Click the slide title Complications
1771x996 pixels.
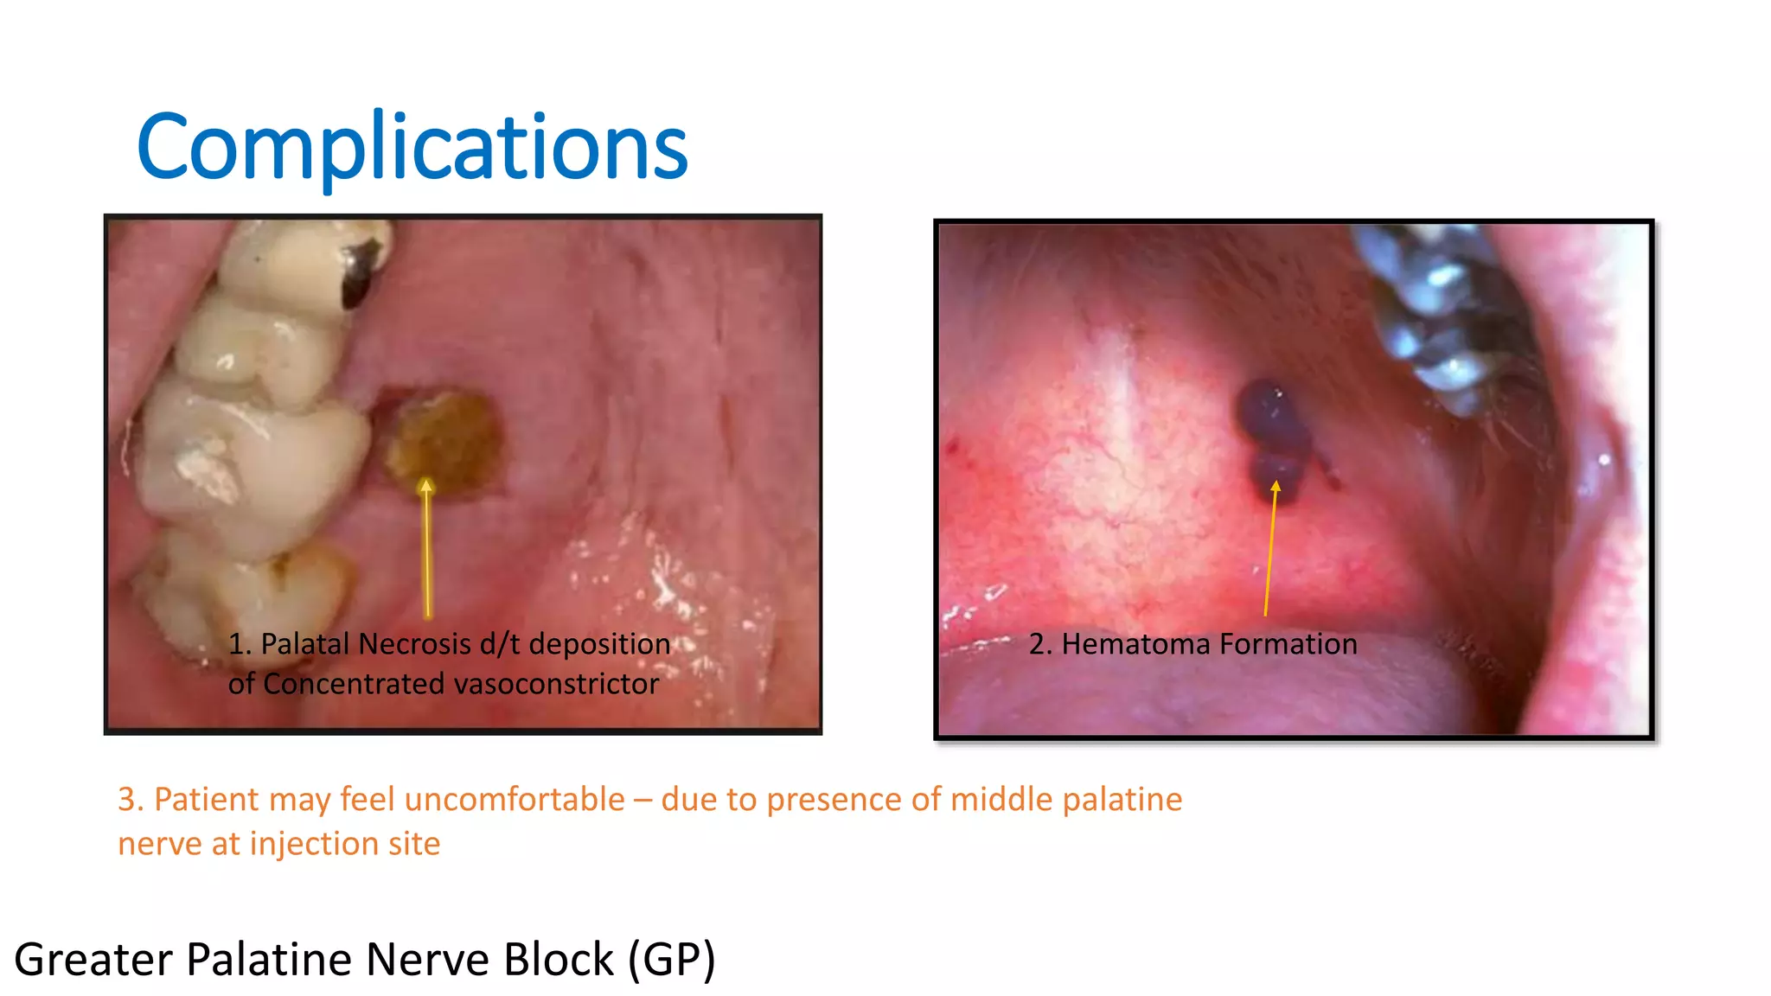click(412, 147)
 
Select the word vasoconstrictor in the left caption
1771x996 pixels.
click(556, 684)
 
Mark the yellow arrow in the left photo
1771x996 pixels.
click(426, 549)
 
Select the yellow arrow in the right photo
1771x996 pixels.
click(1270, 549)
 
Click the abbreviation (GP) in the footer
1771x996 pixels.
click(672, 960)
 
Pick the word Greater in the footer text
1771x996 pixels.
click(93, 960)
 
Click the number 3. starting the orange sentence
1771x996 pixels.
click(131, 800)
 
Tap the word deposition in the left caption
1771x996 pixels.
click(599, 644)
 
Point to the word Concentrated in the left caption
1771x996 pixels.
click(354, 684)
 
